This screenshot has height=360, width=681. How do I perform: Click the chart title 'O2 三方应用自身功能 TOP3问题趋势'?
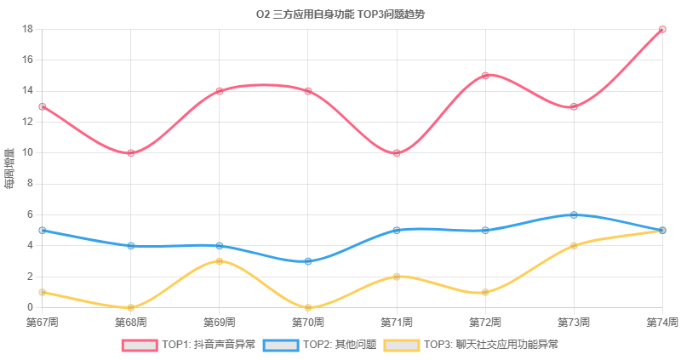(x=340, y=14)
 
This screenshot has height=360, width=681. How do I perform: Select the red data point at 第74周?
(x=662, y=30)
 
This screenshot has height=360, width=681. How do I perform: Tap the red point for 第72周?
(x=485, y=76)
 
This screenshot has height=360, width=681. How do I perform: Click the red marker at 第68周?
(x=131, y=153)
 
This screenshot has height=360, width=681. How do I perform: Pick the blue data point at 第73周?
(x=574, y=215)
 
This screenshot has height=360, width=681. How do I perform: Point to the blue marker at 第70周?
(x=308, y=261)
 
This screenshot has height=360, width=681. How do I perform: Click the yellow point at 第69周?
(x=220, y=261)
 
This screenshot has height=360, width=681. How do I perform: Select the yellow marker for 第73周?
(x=574, y=246)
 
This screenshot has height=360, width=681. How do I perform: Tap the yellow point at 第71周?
(x=397, y=277)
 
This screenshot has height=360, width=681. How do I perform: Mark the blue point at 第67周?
(x=42, y=230)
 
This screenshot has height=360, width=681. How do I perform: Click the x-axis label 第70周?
(x=308, y=323)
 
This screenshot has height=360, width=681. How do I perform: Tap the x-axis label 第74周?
(x=662, y=323)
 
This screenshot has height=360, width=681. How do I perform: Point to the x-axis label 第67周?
(x=42, y=323)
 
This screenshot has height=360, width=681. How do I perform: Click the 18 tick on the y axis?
(x=28, y=29)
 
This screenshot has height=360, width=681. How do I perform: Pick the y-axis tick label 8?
(x=30, y=184)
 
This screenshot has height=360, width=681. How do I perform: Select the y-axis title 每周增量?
(x=9, y=169)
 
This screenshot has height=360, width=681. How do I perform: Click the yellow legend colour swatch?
(x=402, y=346)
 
